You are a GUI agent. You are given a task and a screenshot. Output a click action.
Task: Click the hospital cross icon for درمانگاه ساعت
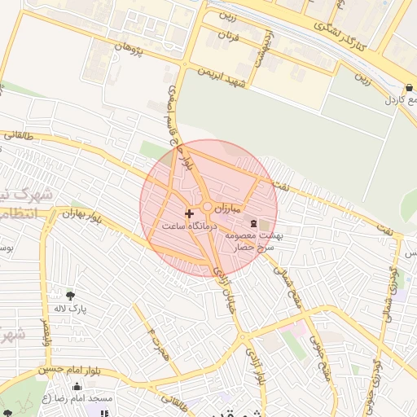pyautogui.click(x=190, y=214)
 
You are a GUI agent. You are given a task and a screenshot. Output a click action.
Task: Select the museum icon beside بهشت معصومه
pyautogui.click(x=253, y=223)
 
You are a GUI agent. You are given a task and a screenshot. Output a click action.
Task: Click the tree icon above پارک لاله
pyautogui.click(x=71, y=295)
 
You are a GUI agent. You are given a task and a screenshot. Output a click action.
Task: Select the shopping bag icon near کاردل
pyautogui.click(x=408, y=86)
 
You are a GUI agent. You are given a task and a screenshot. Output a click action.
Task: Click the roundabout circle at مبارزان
pyautogui.click(x=208, y=208)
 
